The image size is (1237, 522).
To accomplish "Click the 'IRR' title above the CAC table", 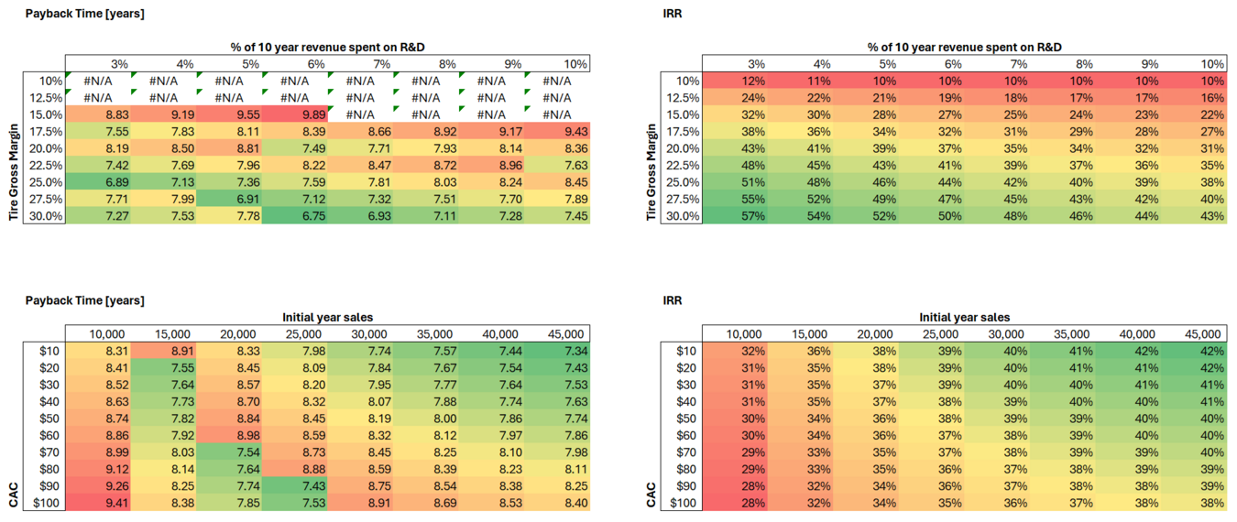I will click(672, 299).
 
